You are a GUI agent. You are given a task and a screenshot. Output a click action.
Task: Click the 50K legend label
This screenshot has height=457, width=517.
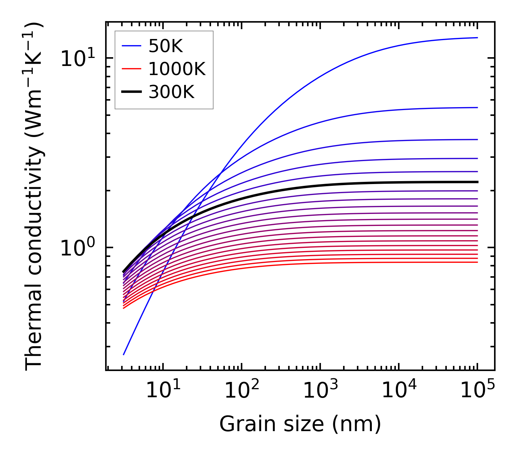pos(165,46)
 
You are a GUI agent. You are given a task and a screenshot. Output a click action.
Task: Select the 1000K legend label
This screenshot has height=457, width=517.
pos(177,69)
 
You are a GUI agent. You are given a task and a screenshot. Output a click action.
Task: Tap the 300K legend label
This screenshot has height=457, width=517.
pos(171,92)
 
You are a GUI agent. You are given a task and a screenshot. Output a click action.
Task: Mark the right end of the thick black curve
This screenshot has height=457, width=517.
pos(477,182)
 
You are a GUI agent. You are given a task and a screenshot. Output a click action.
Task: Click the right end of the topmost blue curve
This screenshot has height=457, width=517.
pos(477,38)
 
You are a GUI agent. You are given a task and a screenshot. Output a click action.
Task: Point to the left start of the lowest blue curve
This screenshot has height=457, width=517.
pos(124,354)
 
